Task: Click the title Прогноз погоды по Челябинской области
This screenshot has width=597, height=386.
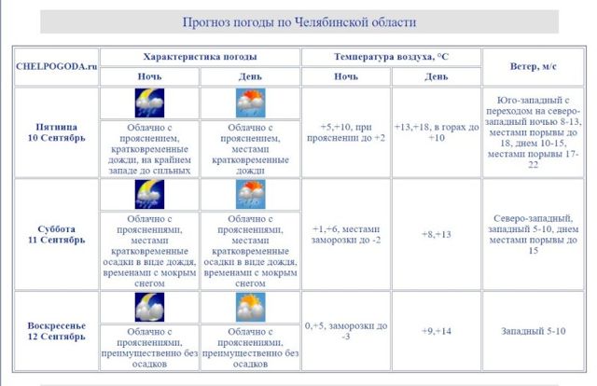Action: point(298,21)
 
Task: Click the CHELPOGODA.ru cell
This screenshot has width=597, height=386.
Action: point(57,66)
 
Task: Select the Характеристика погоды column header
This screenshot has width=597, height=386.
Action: point(200,57)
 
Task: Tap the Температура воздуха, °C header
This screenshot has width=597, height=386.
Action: point(391,57)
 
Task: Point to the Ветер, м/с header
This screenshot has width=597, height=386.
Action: point(534,66)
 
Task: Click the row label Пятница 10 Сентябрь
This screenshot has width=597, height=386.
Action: point(57,131)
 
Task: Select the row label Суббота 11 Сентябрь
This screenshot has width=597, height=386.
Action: point(57,234)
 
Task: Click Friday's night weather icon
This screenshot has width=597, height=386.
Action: point(149,103)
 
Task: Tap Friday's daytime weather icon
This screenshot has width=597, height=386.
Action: point(251,103)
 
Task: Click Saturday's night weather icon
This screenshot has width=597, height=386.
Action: point(149,194)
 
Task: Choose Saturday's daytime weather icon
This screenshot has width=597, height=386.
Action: point(251,194)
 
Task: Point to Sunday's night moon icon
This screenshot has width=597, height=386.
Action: point(149,307)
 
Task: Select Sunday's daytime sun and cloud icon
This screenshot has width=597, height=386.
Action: point(251,307)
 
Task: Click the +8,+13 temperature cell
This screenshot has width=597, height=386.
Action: point(436,234)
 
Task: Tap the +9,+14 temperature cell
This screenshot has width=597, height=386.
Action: point(436,330)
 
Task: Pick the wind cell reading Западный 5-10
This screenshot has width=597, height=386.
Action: point(534,330)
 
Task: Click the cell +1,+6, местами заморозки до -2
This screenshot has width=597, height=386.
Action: point(346,234)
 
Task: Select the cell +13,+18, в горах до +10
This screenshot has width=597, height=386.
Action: point(436,131)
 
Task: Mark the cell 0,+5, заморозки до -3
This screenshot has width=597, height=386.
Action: point(346,330)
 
